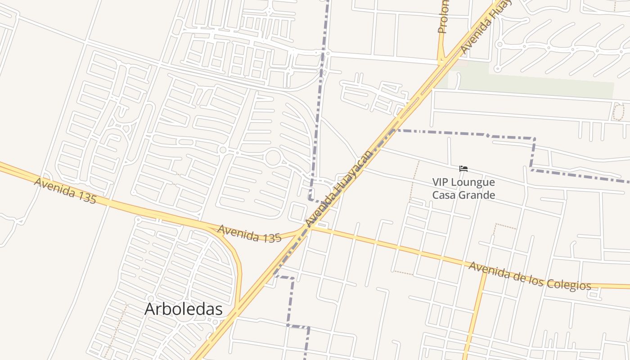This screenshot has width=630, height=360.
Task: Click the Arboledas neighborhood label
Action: (x=183, y=309)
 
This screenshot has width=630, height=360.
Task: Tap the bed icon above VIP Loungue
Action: (x=463, y=169)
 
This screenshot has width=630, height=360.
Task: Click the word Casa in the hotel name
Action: (x=443, y=195)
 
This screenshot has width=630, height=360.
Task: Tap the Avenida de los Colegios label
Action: (x=530, y=276)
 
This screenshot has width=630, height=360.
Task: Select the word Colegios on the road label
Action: (x=568, y=283)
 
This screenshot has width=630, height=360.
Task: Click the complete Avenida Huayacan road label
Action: (x=339, y=189)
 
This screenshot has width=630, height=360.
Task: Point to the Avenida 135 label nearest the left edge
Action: (x=65, y=190)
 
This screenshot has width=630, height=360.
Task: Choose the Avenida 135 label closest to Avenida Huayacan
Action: (x=249, y=234)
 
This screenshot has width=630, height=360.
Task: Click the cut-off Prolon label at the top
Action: (x=443, y=17)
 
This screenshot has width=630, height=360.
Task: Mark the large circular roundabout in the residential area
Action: (x=273, y=158)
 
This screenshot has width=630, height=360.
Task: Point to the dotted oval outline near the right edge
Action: (x=618, y=112)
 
